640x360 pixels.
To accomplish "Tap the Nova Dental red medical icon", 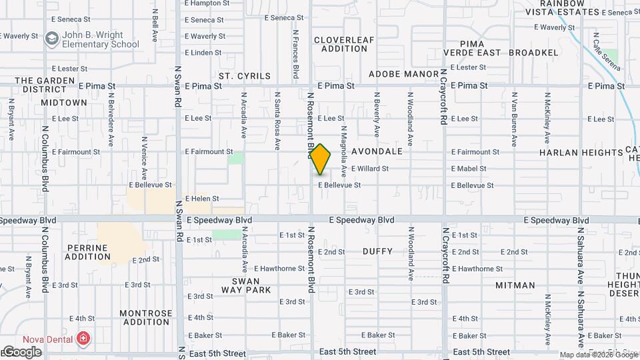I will tap(83, 338).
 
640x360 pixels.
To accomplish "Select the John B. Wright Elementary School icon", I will tap(51, 39).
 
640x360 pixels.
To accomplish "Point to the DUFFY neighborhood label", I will tap(378, 251).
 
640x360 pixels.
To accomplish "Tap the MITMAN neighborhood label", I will tap(515, 285).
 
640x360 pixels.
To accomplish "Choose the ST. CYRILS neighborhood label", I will tap(245, 76).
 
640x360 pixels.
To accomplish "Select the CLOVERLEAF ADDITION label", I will tap(344, 44).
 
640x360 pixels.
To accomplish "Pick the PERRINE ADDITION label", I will tap(88, 252).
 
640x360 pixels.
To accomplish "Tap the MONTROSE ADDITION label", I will tap(145, 317).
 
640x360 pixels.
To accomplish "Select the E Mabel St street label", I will tap(471, 169).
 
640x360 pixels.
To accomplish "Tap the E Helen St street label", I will tap(202, 199).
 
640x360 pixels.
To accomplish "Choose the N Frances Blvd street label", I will tap(295, 54).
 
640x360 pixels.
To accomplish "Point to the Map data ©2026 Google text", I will tap(598, 355).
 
